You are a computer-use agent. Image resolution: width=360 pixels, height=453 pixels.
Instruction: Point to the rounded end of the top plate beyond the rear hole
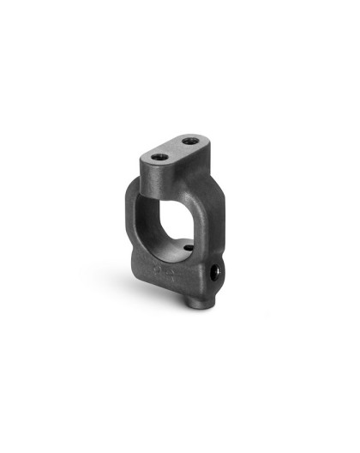click(x=204, y=135)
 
